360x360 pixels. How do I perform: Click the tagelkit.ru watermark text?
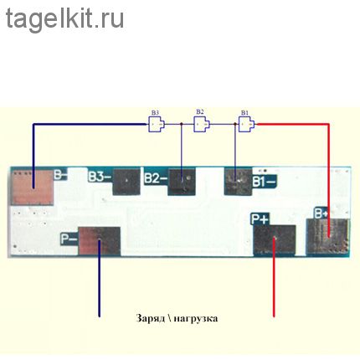tap(64, 19)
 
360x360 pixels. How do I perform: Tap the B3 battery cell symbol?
tap(156, 124)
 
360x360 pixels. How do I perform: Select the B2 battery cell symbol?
tap(201, 124)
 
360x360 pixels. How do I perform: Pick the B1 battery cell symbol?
tap(246, 124)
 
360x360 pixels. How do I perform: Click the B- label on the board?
tap(60, 175)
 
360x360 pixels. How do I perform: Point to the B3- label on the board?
tap(100, 177)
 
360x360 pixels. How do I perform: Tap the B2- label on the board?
tap(156, 178)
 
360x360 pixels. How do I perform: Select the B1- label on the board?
tap(265, 182)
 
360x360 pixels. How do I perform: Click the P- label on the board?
tap(69, 239)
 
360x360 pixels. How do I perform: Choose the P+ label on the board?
tap(260, 219)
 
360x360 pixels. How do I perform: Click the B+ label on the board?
tap(321, 213)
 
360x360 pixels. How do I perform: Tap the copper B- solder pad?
tap(33, 188)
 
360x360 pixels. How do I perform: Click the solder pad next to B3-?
tap(126, 182)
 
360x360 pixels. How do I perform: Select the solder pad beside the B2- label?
tap(182, 182)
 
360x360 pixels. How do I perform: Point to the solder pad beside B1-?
tap(239, 182)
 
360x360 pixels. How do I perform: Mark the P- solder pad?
tap(100, 241)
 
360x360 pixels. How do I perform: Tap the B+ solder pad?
tap(327, 237)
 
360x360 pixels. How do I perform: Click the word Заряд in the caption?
tap(151, 319)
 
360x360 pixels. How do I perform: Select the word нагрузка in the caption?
tap(196, 319)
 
